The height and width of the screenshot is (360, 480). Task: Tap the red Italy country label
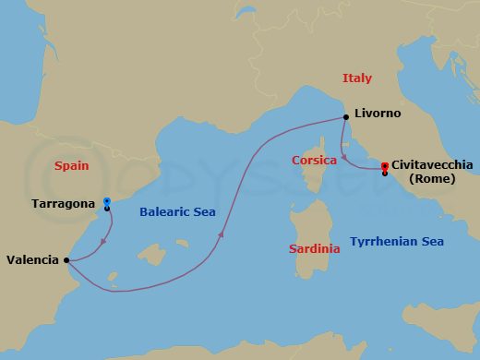click(x=357, y=78)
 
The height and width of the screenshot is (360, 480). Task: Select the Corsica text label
click(x=314, y=160)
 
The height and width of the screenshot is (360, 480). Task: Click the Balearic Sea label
click(x=177, y=211)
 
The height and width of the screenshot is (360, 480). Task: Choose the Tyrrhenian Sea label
click(x=398, y=241)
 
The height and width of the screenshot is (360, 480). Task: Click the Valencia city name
click(x=32, y=260)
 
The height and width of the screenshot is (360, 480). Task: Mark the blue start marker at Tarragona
click(x=107, y=201)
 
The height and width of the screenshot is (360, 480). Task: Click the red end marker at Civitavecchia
click(x=384, y=166)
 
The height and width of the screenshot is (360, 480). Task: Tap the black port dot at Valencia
click(x=67, y=260)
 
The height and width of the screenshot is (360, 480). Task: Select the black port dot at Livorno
click(x=345, y=116)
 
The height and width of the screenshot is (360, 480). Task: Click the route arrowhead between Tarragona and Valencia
click(x=100, y=243)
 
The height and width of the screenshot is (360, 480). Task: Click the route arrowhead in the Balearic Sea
click(x=222, y=235)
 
